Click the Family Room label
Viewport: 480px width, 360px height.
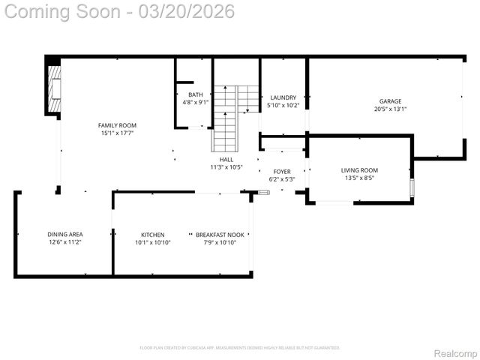(x=117, y=125)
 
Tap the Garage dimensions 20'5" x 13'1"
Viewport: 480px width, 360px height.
(x=390, y=109)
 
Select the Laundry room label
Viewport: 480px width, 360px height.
(x=283, y=97)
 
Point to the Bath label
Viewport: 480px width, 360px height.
(x=195, y=94)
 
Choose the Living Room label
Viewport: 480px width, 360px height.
(x=359, y=170)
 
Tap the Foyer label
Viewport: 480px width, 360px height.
(x=281, y=172)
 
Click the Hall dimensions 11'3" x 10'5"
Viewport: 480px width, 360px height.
(x=226, y=167)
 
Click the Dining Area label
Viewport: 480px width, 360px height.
(x=64, y=235)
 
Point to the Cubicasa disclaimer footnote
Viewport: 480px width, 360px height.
(x=239, y=347)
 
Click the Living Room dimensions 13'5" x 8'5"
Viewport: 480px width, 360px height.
(x=359, y=178)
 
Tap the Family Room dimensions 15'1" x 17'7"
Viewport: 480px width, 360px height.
(x=117, y=133)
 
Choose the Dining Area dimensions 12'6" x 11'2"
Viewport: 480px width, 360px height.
(x=64, y=242)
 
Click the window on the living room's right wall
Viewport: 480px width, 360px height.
(x=411, y=187)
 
